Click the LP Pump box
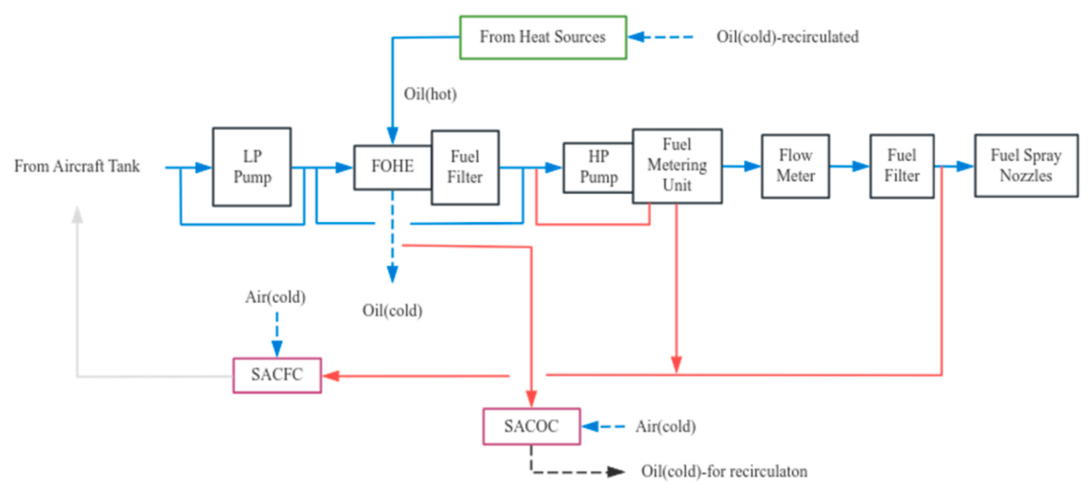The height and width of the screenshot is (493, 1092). pos(252,166)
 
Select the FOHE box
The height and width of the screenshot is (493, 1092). pos(394,167)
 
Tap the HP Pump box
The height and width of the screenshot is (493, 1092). pos(599,167)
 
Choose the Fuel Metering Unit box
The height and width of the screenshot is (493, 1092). pos(676,166)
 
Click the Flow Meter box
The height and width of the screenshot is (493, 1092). pos(795,166)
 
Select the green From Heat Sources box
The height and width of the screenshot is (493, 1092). pos(543,37)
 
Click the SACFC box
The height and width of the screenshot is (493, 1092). pos(277,375)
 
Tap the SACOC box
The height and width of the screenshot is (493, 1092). pos(532,426)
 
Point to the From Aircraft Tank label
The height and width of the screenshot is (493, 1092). pos(77,167)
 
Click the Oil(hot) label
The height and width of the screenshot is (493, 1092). pos(430,94)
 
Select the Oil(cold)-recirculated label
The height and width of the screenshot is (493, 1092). pos(787,37)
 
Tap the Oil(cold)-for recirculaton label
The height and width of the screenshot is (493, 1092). pos(724,471)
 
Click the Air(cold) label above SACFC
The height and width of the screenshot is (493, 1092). pos(276,296)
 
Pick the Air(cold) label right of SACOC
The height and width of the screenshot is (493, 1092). pos(665,426)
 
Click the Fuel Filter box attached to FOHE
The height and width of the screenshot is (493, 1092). pos(465,167)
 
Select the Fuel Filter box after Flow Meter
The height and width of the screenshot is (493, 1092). pos(903,166)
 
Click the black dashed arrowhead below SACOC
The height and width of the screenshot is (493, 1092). pos(615,471)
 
